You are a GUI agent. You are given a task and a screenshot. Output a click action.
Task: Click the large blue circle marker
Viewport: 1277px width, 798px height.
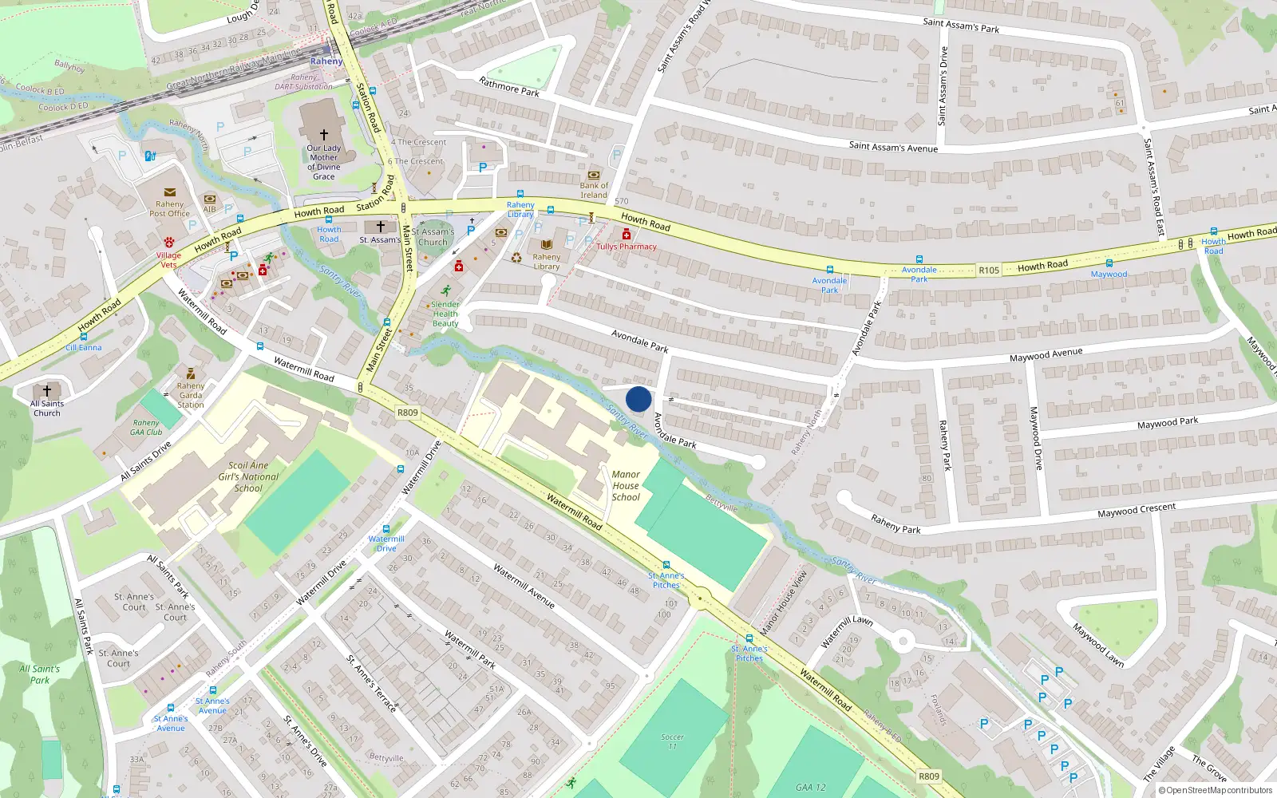[638, 399]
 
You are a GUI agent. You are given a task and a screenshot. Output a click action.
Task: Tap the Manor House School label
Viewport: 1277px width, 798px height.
[626, 485]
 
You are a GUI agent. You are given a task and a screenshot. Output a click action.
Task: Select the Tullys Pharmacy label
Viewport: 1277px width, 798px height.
[627, 247]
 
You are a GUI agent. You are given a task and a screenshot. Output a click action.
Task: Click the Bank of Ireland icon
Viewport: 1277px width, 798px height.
[593, 175]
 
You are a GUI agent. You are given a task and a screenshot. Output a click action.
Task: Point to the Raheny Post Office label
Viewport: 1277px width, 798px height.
[169, 209]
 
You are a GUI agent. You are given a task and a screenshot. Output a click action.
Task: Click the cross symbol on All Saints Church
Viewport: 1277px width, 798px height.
[47, 390]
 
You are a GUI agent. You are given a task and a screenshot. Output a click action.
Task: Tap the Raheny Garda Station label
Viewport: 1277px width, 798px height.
[191, 395]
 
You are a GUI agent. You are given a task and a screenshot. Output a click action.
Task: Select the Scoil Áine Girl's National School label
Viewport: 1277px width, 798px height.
[248, 476]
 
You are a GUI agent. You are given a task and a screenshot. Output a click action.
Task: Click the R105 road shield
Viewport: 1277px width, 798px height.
[989, 271]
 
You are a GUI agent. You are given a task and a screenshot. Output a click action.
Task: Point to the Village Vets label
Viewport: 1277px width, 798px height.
[168, 260]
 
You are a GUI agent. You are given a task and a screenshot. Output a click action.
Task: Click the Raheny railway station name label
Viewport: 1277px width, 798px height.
[326, 61]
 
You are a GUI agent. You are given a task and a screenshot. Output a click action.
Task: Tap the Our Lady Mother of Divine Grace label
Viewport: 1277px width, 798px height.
[324, 162]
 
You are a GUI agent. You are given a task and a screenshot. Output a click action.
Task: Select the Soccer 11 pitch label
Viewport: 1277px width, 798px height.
[672, 741]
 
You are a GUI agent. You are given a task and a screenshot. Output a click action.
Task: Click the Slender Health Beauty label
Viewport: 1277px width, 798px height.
[445, 314]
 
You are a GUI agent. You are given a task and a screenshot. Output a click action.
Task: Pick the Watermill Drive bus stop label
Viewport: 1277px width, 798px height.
[386, 543]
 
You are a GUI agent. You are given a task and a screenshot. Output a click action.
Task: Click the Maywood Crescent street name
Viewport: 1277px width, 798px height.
[1136, 510]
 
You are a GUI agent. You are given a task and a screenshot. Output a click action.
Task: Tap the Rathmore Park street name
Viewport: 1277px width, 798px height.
[509, 86]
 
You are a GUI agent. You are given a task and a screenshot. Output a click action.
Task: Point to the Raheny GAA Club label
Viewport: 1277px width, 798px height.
[146, 428]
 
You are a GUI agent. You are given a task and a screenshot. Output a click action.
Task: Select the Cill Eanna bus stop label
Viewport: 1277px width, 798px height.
[84, 348]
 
